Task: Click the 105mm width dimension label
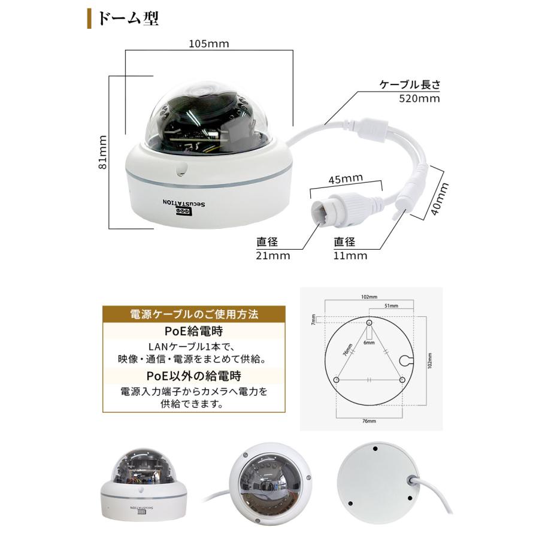(x=208, y=44)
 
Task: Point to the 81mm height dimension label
(x=103, y=152)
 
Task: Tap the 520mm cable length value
(x=419, y=98)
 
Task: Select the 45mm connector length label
(x=346, y=178)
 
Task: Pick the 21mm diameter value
(x=273, y=256)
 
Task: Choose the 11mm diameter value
(x=350, y=256)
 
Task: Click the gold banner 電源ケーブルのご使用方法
(x=194, y=314)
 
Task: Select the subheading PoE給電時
(x=194, y=331)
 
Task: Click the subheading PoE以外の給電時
(x=194, y=376)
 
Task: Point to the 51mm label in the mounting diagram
(x=389, y=306)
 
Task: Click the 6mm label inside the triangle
(x=370, y=343)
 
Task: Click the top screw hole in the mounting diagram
(x=369, y=323)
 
